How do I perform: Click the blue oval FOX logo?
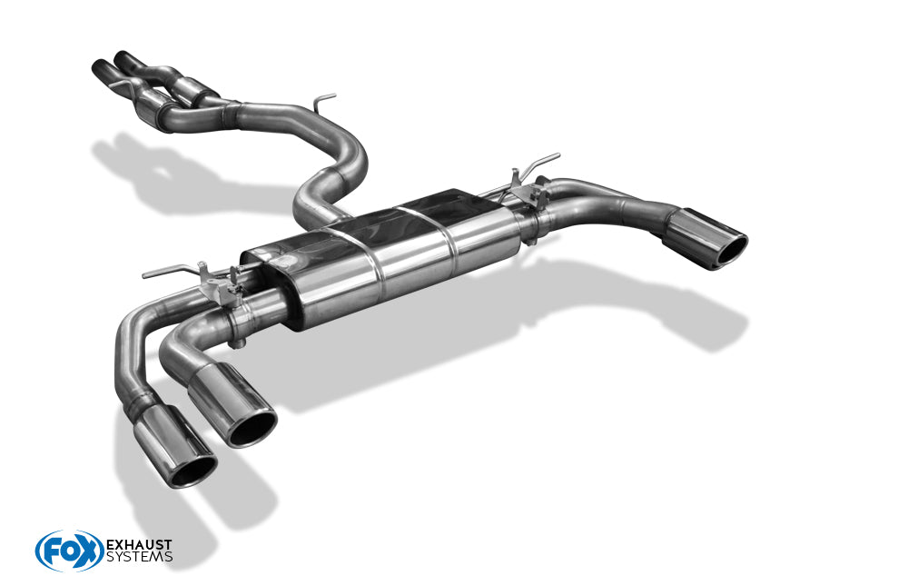[x=69, y=551]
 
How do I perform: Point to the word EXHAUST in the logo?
[x=139, y=544]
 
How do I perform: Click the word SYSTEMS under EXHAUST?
[x=139, y=557]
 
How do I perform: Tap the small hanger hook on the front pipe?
[x=323, y=98]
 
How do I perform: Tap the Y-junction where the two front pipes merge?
[x=227, y=110]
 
